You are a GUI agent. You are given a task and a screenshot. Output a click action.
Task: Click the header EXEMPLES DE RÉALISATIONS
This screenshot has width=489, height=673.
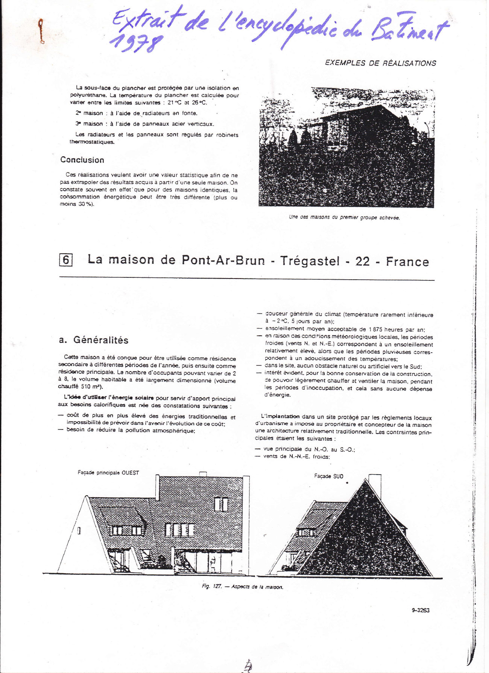point(380,63)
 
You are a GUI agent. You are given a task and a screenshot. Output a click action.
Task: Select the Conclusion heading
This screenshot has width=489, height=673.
point(82,160)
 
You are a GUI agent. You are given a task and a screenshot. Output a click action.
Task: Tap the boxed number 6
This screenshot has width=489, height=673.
point(66,260)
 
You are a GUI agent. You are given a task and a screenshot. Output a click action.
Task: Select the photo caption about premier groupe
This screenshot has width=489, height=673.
point(344,217)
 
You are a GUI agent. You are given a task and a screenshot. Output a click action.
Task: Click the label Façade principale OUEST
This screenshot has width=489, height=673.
point(108,472)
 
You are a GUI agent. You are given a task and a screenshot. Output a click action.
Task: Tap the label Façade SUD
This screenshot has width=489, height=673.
point(328,476)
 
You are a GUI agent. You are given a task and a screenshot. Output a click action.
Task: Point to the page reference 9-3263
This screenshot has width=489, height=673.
point(421,610)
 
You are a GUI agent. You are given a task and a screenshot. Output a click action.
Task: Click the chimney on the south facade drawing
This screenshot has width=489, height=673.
point(374,482)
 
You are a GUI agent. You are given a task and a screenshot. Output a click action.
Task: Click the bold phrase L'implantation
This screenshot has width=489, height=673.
point(280,416)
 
